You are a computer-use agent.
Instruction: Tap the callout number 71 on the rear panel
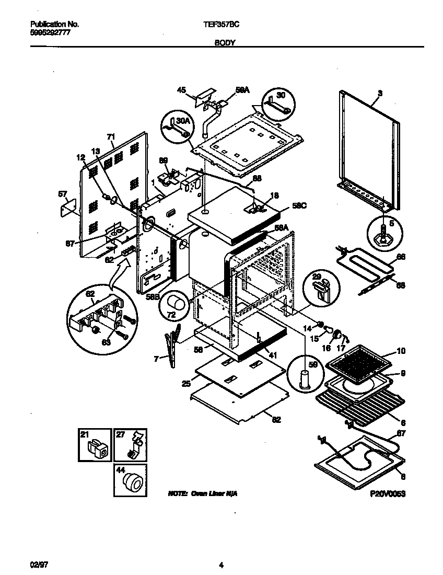click(x=111, y=137)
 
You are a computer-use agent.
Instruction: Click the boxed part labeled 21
click(x=95, y=446)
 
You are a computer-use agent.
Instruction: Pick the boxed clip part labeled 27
click(x=131, y=446)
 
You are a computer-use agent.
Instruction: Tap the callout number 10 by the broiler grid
click(x=401, y=351)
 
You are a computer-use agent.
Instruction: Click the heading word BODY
click(x=225, y=45)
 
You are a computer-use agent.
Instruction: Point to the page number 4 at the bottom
click(x=221, y=565)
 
